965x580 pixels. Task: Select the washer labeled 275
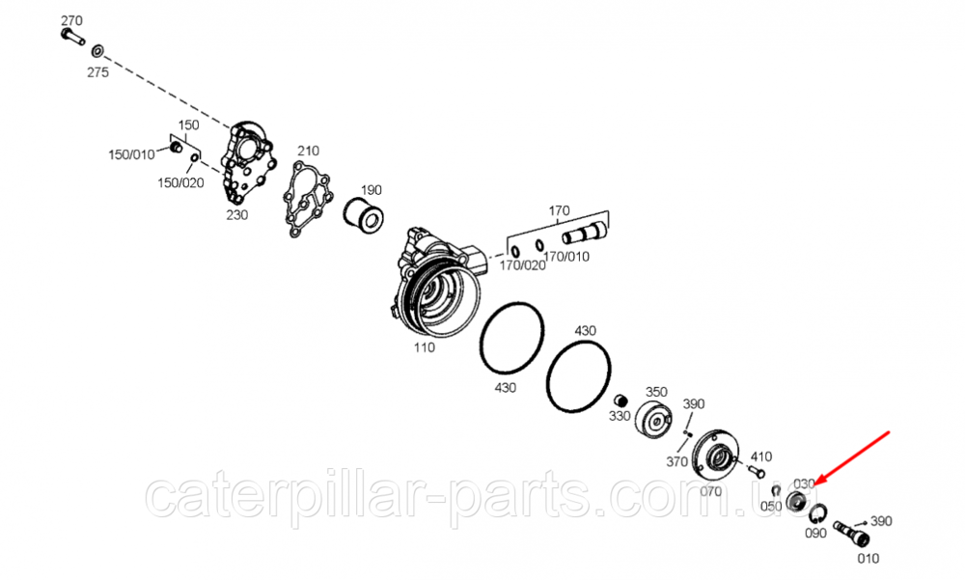pos(98,50)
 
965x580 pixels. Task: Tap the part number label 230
pos(237,214)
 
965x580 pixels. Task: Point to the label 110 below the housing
pos(424,347)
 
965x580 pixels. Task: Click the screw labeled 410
pos(756,473)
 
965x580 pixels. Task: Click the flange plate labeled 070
pos(715,455)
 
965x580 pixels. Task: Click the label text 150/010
pos(130,154)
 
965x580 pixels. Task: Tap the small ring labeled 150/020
pos(194,157)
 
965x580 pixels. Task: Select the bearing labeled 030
pos(796,501)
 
